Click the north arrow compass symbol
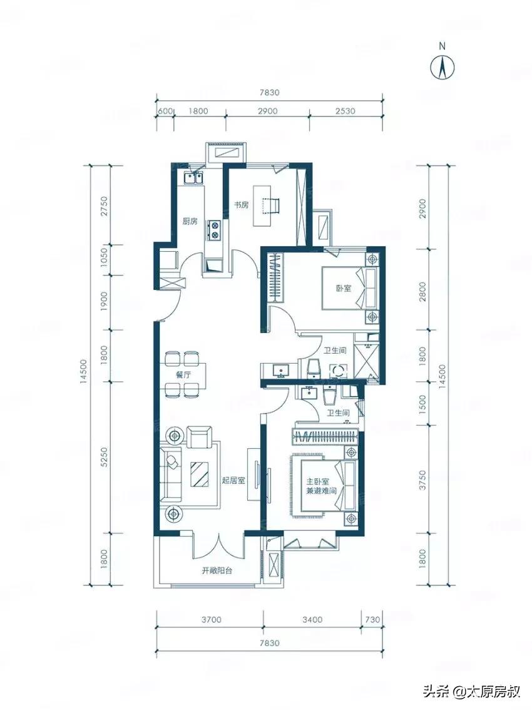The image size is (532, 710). (442, 68)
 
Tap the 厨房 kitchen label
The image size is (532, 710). (190, 222)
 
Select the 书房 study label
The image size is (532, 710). (241, 205)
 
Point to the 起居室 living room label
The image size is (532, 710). (233, 480)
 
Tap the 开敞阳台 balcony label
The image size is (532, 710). (217, 570)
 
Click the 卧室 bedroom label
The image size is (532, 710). (343, 288)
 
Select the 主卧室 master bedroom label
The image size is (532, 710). (317, 482)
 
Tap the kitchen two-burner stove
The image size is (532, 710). (213, 229)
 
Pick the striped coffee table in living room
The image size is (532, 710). (200, 474)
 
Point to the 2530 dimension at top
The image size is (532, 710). (345, 111)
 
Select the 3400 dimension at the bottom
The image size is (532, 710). (312, 619)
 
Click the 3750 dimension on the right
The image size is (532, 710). (422, 480)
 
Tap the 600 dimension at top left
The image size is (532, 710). (165, 111)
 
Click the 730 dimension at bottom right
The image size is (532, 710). (372, 619)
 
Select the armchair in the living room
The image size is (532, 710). (200, 436)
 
